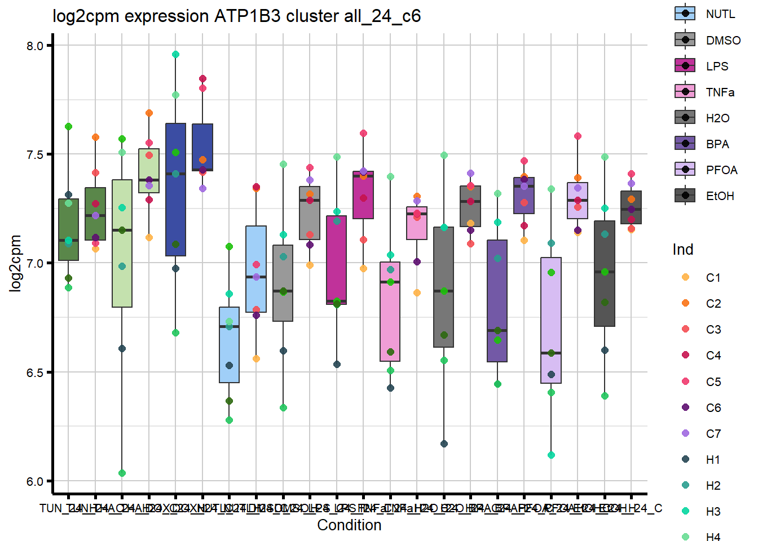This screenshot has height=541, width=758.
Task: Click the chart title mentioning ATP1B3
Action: pyautogui.click(x=236, y=16)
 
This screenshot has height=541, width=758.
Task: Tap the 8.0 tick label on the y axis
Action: pyautogui.click(x=35, y=46)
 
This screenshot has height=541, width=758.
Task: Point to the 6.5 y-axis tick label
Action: pyautogui.click(x=35, y=373)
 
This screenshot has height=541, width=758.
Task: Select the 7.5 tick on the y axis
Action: pyautogui.click(x=35, y=154)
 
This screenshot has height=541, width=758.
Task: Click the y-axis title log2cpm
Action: pyautogui.click(x=15, y=263)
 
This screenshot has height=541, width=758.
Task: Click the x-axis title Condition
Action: pyautogui.click(x=349, y=525)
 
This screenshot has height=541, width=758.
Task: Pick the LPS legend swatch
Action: pyautogui.click(x=685, y=66)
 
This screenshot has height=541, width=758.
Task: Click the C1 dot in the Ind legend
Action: pyautogui.click(x=685, y=277)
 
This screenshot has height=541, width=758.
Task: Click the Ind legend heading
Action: pyautogui.click(x=682, y=250)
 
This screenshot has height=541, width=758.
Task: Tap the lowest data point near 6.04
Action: pyautogui.click(x=122, y=473)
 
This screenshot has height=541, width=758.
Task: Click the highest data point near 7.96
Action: pyautogui.click(x=175, y=55)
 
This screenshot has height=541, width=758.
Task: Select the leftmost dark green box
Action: pyautogui.click(x=68, y=229)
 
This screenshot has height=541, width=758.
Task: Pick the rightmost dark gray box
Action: pyautogui.click(x=631, y=207)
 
